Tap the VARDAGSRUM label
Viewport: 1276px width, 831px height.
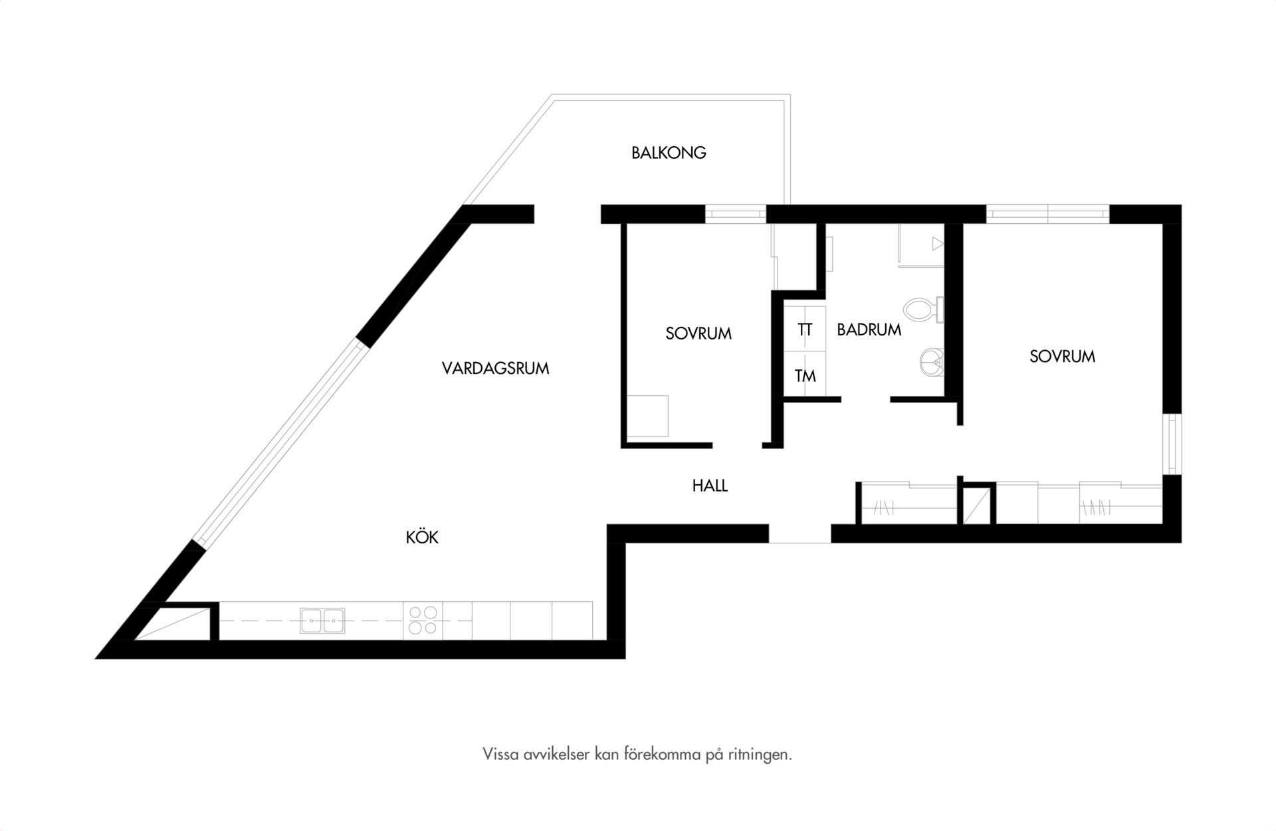[x=496, y=369]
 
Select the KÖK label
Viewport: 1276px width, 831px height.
[x=423, y=537]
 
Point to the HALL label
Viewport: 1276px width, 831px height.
[x=710, y=486]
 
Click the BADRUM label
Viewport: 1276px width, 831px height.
[x=869, y=329]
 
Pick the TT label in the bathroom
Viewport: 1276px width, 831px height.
[x=805, y=330]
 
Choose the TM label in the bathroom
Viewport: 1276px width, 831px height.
[x=805, y=376]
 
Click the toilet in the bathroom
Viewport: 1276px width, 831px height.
[x=924, y=310]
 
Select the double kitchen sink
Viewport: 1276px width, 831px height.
[x=322, y=620]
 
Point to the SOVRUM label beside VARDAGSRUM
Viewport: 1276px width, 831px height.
[x=698, y=333]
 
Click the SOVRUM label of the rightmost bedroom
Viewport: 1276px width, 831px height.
[x=1062, y=357]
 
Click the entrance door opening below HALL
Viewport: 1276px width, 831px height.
[x=800, y=534]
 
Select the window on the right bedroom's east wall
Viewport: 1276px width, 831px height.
[x=1172, y=444]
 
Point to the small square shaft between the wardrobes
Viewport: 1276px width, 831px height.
[x=976, y=505]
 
